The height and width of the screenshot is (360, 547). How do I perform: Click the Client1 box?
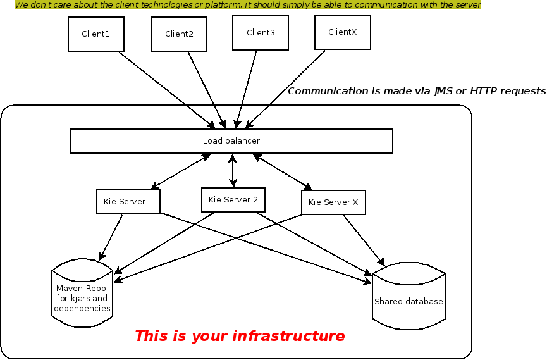pyautogui.click(x=96, y=34)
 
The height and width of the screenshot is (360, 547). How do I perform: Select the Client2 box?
pyautogui.click(x=179, y=34)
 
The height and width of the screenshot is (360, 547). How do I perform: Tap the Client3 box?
pyautogui.click(x=261, y=33)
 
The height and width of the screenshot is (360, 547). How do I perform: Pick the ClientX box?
pyautogui.click(x=343, y=32)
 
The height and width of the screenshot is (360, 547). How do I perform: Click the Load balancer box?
pyautogui.click(x=231, y=141)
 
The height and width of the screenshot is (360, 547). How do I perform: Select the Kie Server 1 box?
pyautogui.click(x=128, y=202)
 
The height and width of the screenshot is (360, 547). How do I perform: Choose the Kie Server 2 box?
pyautogui.click(x=233, y=200)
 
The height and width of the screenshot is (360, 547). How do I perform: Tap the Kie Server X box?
pyautogui.click(x=333, y=202)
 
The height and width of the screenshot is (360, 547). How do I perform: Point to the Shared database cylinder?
pyautogui.click(x=409, y=302)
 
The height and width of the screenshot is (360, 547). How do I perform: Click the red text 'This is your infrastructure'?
pyautogui.click(x=240, y=336)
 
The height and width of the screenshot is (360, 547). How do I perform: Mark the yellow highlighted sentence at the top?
pyautogui.click(x=248, y=5)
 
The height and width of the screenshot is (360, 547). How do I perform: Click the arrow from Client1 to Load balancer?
pyautogui.click(x=166, y=89)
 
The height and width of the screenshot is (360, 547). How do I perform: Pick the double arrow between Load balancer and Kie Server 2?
pyautogui.click(x=233, y=170)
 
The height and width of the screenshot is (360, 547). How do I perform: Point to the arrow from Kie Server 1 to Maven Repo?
pyautogui.click(x=111, y=237)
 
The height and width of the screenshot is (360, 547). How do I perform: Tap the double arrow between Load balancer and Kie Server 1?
pyautogui.click(x=180, y=171)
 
